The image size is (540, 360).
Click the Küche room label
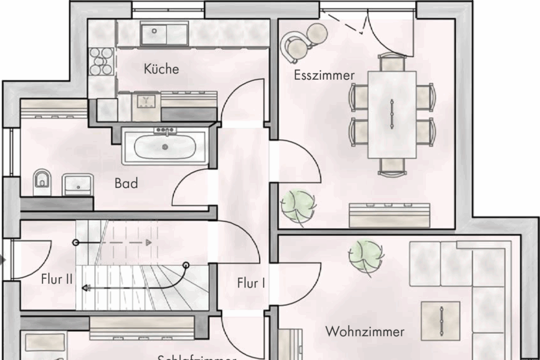pyautogui.click(x=161, y=69)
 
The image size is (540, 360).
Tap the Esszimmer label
pyautogui.click(x=324, y=76)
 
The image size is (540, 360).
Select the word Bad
pyautogui.click(x=126, y=183)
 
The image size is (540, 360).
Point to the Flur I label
pyautogui.click(x=251, y=283)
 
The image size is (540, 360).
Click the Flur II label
pyautogui.click(x=57, y=279)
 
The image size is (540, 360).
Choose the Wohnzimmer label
pyautogui.click(x=365, y=331)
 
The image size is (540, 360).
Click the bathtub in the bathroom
pyautogui.click(x=164, y=146)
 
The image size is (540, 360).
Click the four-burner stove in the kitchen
pyautogui.click(x=101, y=61)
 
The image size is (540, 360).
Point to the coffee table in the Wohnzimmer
pyautogui.click(x=440, y=320)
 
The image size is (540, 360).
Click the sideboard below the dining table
pyautogui.click(x=390, y=214)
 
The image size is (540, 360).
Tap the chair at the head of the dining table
pyautogui.click(x=392, y=62)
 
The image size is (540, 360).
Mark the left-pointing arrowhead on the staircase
pyautogui.click(x=86, y=288)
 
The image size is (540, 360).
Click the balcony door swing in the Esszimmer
pyautogui.click(x=388, y=36)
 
